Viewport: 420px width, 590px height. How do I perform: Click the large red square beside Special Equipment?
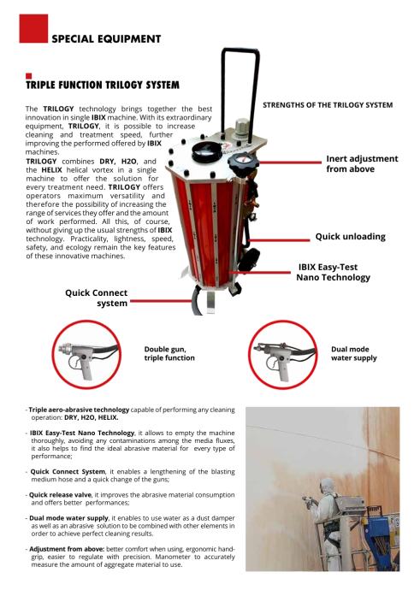click(x=33, y=28)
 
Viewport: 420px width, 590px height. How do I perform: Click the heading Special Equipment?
click(x=106, y=38)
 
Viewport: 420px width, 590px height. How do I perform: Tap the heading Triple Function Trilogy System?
click(x=103, y=85)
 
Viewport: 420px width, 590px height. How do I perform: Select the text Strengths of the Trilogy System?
click(x=328, y=105)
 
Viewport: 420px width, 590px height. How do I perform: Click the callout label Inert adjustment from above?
click(x=362, y=163)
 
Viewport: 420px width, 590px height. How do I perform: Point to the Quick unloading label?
click(x=351, y=236)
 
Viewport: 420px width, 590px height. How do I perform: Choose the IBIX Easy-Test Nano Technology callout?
click(x=333, y=272)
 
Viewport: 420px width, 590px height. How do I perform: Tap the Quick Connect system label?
click(x=97, y=298)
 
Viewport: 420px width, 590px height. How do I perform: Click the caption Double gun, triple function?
click(x=169, y=354)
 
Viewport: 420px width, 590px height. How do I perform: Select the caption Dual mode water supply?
click(x=354, y=354)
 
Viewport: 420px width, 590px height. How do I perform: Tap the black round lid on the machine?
click(x=206, y=152)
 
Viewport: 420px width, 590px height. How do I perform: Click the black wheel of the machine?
click(x=250, y=259)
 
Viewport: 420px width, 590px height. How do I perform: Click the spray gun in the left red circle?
click(x=89, y=357)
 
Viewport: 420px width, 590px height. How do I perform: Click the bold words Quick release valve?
click(x=60, y=495)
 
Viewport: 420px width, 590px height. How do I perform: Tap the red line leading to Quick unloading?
click(x=279, y=240)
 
